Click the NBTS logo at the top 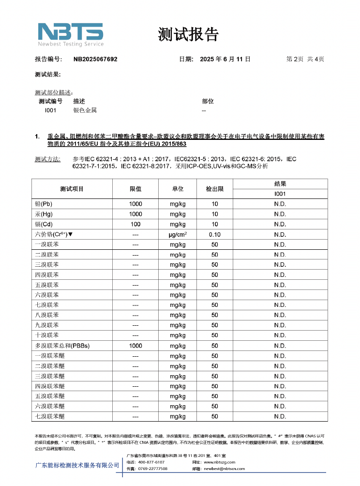[71, 34]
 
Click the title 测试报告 [188, 34]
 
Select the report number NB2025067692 [95, 59]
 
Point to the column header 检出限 [215, 189]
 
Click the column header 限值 [135, 189]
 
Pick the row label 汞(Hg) [44, 214]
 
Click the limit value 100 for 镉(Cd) [135, 224]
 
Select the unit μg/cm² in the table [178, 234]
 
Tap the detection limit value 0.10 [215, 234]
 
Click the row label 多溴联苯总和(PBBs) [62, 346]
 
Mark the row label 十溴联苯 [47, 335]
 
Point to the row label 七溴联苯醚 [50, 416]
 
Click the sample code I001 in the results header [280, 194]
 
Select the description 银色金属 [85, 110]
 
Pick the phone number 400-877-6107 [151, 462]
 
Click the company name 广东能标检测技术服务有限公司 [77, 465]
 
